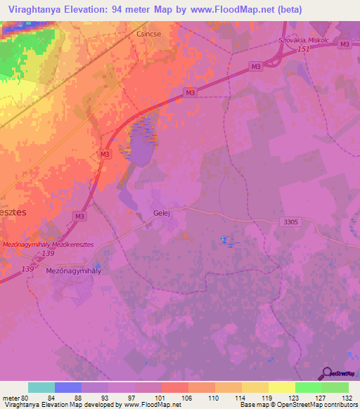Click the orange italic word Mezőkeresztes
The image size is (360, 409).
click(x=88, y=244)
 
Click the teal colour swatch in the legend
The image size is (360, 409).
click(x=41, y=387)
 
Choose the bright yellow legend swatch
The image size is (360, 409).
click(x=282, y=387)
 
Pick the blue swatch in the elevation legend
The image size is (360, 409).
click(x=68, y=387)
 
